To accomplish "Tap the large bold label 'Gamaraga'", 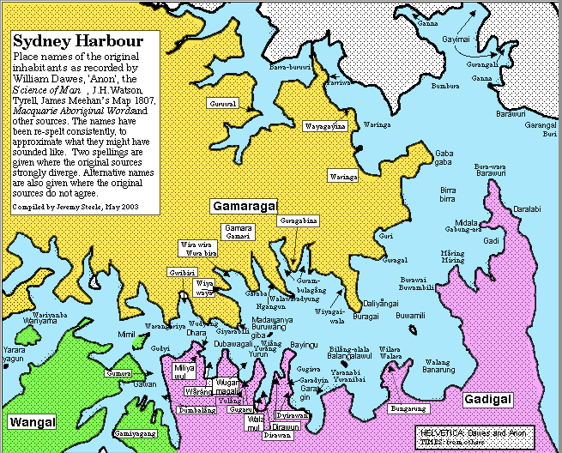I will click(244, 207).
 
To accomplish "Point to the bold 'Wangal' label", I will click(32, 421).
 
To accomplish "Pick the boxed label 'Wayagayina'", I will click(325, 126).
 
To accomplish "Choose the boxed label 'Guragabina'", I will click(299, 220).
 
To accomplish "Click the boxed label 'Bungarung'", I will click(407, 408).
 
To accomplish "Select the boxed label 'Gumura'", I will click(118, 374).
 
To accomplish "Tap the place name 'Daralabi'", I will click(527, 208).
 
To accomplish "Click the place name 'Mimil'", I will click(126, 335).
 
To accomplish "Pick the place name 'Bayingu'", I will click(304, 344).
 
